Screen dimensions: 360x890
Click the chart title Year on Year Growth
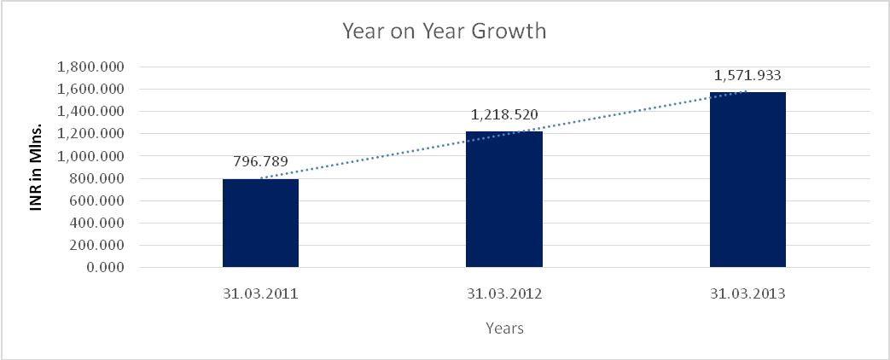point(444,32)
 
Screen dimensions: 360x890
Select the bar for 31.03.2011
point(260,223)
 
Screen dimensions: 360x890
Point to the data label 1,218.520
point(503,113)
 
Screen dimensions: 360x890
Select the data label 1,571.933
point(747,74)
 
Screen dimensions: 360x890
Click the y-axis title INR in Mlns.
point(38,167)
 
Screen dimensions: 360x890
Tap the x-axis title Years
point(503,327)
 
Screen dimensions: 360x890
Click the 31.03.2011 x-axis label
point(260,295)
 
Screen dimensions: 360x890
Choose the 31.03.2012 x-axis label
point(503,295)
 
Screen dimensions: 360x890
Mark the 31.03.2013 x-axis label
point(747,295)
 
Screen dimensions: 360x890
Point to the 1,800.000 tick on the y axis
point(90,67)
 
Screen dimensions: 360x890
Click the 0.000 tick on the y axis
point(106,268)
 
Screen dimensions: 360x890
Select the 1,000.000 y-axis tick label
point(90,156)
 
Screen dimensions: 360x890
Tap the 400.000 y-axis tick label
point(96,224)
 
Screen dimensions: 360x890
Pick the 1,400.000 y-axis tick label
point(90,112)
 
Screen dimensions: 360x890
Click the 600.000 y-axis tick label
point(96,201)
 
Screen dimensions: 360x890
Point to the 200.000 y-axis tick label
point(96,246)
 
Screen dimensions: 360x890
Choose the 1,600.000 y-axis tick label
point(90,89)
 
